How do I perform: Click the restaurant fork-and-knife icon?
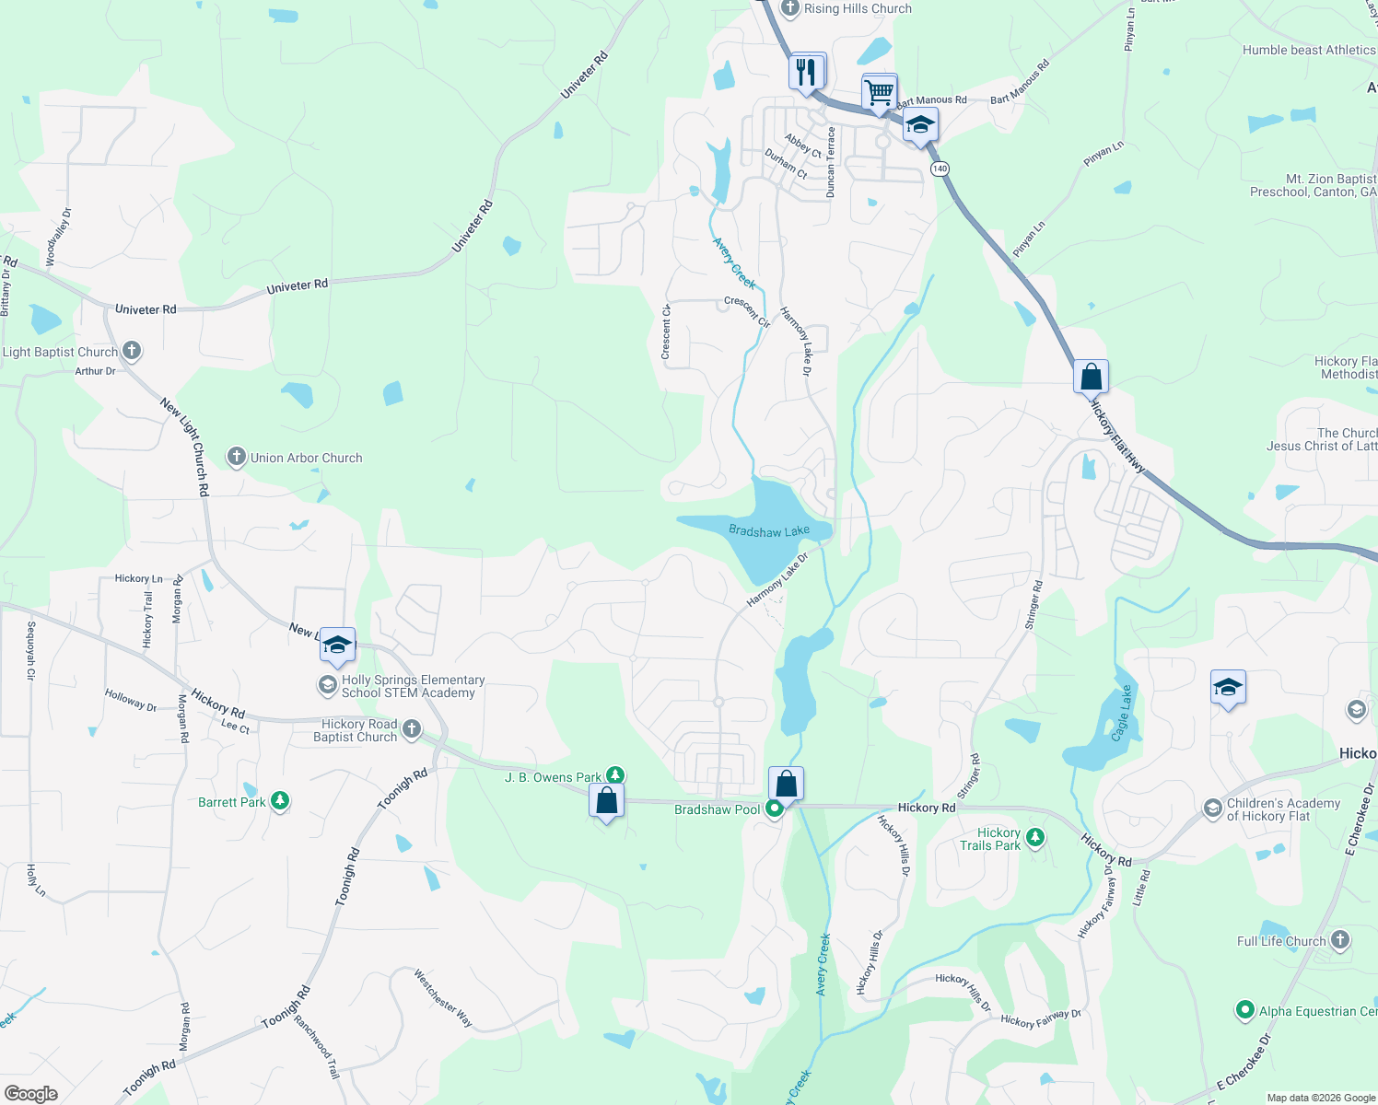(x=807, y=71)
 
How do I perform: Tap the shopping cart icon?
(x=880, y=92)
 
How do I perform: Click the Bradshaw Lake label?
(x=768, y=531)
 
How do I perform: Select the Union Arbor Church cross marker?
(x=237, y=457)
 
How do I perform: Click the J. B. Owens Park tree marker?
(x=615, y=776)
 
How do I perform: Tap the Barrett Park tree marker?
(x=280, y=801)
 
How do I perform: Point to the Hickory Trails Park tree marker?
(x=1035, y=838)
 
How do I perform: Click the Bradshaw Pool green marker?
(x=775, y=808)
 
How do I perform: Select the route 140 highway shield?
(x=939, y=169)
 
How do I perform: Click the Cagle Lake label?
(x=1121, y=714)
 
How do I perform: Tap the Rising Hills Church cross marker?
(x=789, y=8)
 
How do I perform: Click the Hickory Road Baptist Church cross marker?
(x=412, y=730)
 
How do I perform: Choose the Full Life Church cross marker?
(x=1340, y=940)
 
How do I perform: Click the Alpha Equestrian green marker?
(x=1245, y=1010)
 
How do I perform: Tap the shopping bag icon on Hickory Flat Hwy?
(x=1091, y=377)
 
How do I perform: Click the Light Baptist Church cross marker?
(x=132, y=351)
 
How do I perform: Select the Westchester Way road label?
(x=443, y=997)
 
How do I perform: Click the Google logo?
(x=31, y=1093)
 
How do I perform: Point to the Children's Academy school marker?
(x=1212, y=808)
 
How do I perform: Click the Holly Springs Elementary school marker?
(x=327, y=685)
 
